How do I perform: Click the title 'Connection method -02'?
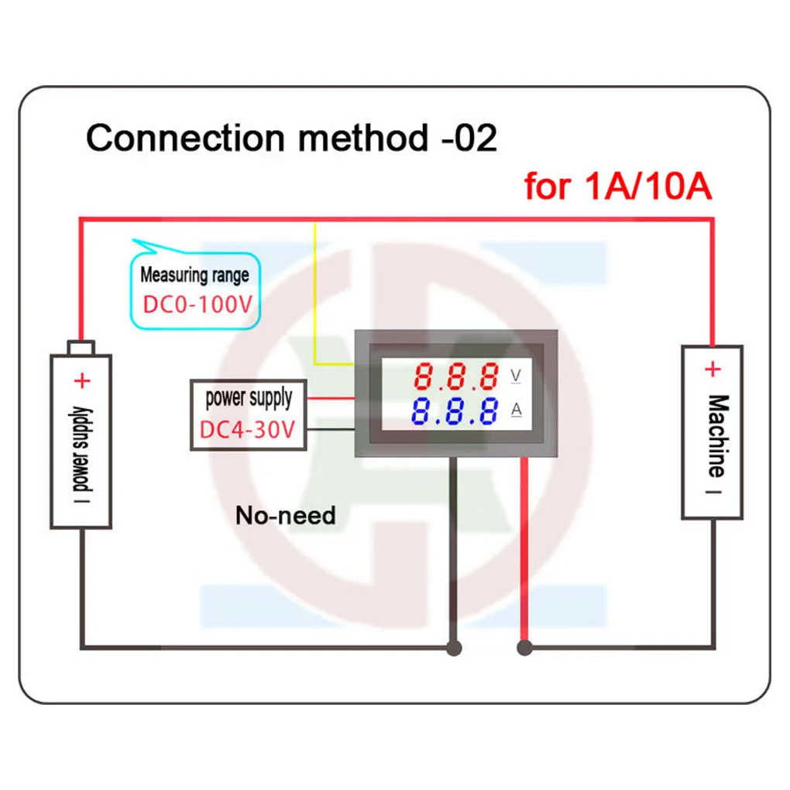291,139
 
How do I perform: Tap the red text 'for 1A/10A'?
617,187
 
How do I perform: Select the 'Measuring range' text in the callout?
194,274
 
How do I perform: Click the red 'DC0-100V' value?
197,303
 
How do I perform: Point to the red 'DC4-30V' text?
248,429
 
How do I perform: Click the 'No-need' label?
286,515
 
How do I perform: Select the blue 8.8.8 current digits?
455,411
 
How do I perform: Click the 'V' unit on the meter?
516,376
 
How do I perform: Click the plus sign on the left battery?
82,380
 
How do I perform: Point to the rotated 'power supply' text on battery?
82,449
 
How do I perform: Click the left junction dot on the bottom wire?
455,647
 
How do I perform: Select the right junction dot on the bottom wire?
524,647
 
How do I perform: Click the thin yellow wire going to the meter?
315,294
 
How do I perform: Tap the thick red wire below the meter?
524,542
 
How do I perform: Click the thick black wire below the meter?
455,542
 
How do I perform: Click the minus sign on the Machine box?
713,490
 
